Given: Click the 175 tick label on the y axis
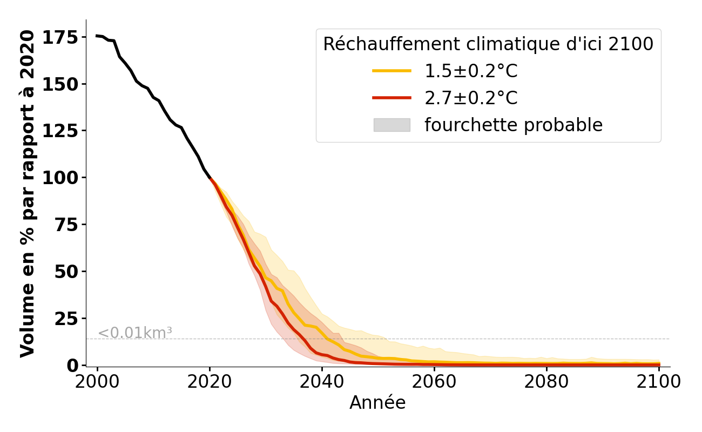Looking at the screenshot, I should (60, 38).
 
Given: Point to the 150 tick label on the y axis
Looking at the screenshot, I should (60, 85).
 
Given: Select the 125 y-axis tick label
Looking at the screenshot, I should (60, 131).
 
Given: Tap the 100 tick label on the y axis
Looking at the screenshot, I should (60, 178).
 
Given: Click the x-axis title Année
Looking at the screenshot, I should (377, 403).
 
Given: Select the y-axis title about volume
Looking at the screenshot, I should (27, 193).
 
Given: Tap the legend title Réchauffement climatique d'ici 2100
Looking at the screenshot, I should (488, 44).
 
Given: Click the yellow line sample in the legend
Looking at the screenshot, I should (392, 71).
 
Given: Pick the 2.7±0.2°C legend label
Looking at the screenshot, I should (471, 98).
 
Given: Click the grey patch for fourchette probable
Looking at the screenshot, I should (392, 125).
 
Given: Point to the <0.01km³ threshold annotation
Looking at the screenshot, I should (135, 333).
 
